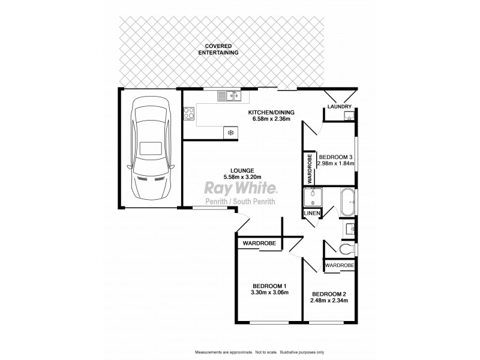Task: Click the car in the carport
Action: (149, 152)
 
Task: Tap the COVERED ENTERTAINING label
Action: (218, 49)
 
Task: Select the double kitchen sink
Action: (229, 95)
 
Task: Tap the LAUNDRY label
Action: (338, 107)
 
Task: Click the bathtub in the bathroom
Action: (347, 203)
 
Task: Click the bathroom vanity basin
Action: (350, 228)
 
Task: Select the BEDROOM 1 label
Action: (269, 285)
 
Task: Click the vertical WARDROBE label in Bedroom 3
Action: (310, 169)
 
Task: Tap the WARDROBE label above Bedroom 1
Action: (259, 244)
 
